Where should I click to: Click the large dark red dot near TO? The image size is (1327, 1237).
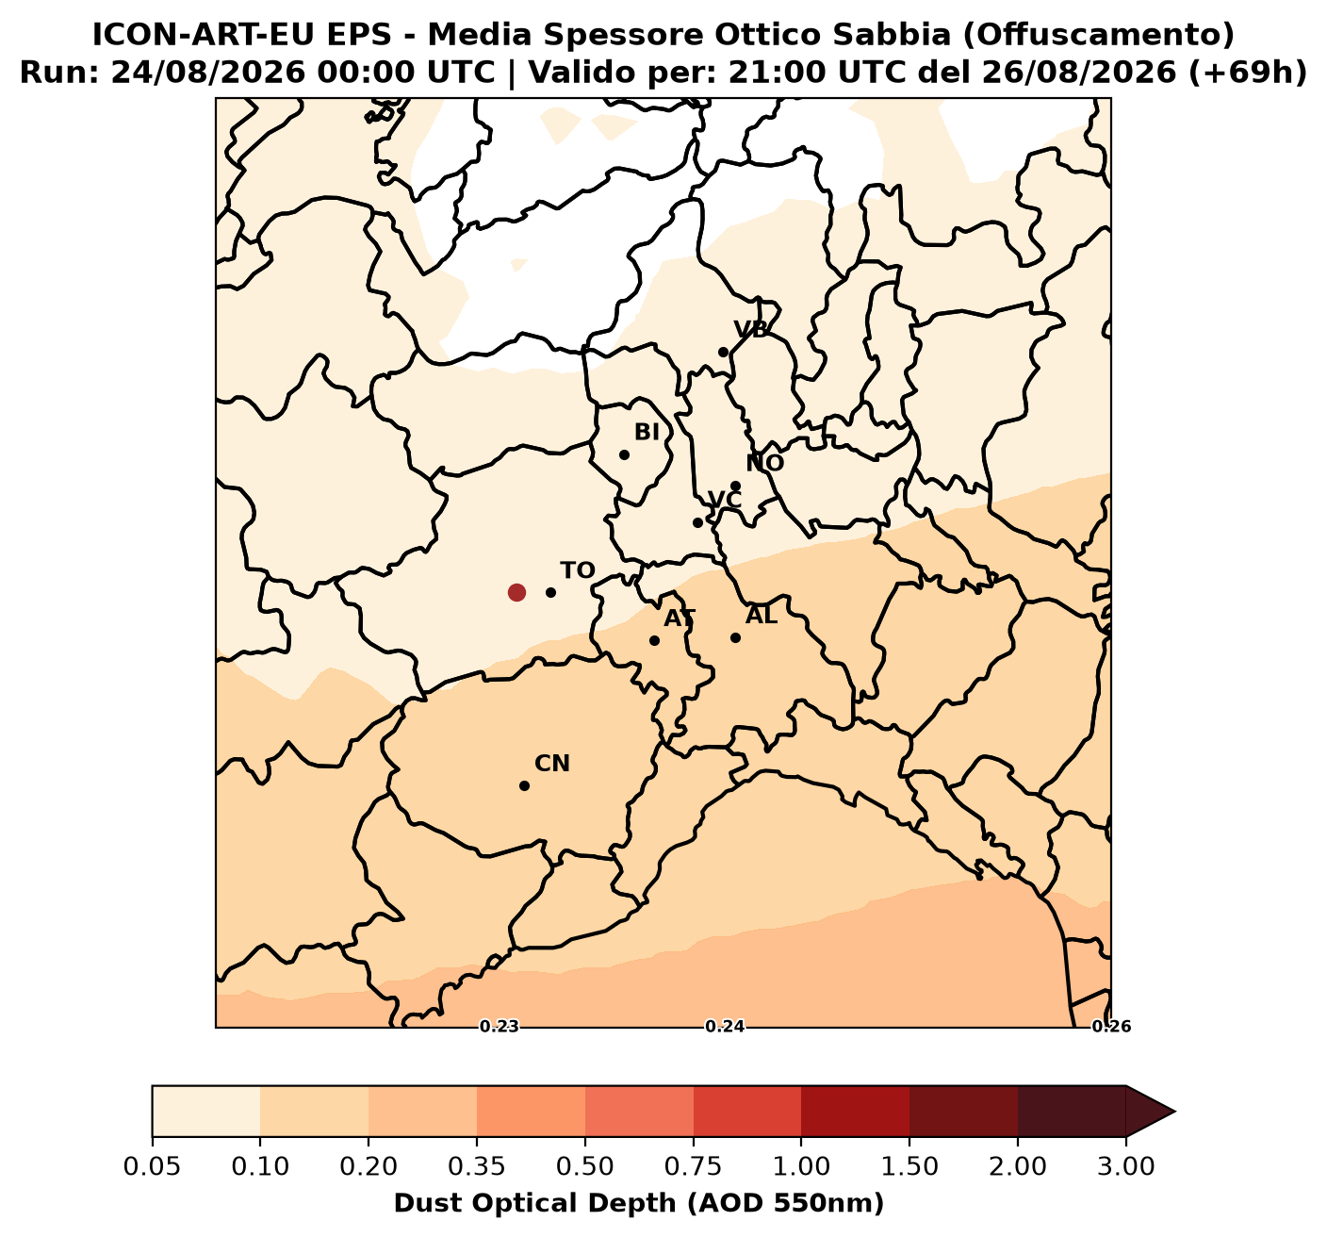[x=516, y=592]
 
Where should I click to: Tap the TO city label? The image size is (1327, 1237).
[x=578, y=570]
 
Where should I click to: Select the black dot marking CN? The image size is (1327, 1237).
[x=525, y=785]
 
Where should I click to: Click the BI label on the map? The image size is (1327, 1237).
[x=647, y=432]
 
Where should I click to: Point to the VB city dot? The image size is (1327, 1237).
[x=723, y=353]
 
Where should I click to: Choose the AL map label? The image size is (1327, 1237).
[x=762, y=615]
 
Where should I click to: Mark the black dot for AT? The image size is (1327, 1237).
[x=654, y=640]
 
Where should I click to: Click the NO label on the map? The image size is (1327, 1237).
[x=764, y=463]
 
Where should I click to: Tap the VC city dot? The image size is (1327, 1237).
[x=697, y=522]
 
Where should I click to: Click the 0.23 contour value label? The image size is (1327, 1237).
[x=500, y=1027]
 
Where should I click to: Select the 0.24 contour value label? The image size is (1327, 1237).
[x=725, y=1027]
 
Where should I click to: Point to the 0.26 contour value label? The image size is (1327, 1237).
[x=1111, y=1027]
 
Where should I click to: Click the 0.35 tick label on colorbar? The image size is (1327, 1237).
[x=476, y=1167]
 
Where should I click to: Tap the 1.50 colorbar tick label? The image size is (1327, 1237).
[x=909, y=1167]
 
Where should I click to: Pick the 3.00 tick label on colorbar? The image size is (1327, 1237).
[x=1126, y=1167]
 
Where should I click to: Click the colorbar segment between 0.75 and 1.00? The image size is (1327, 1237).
[x=747, y=1112]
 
